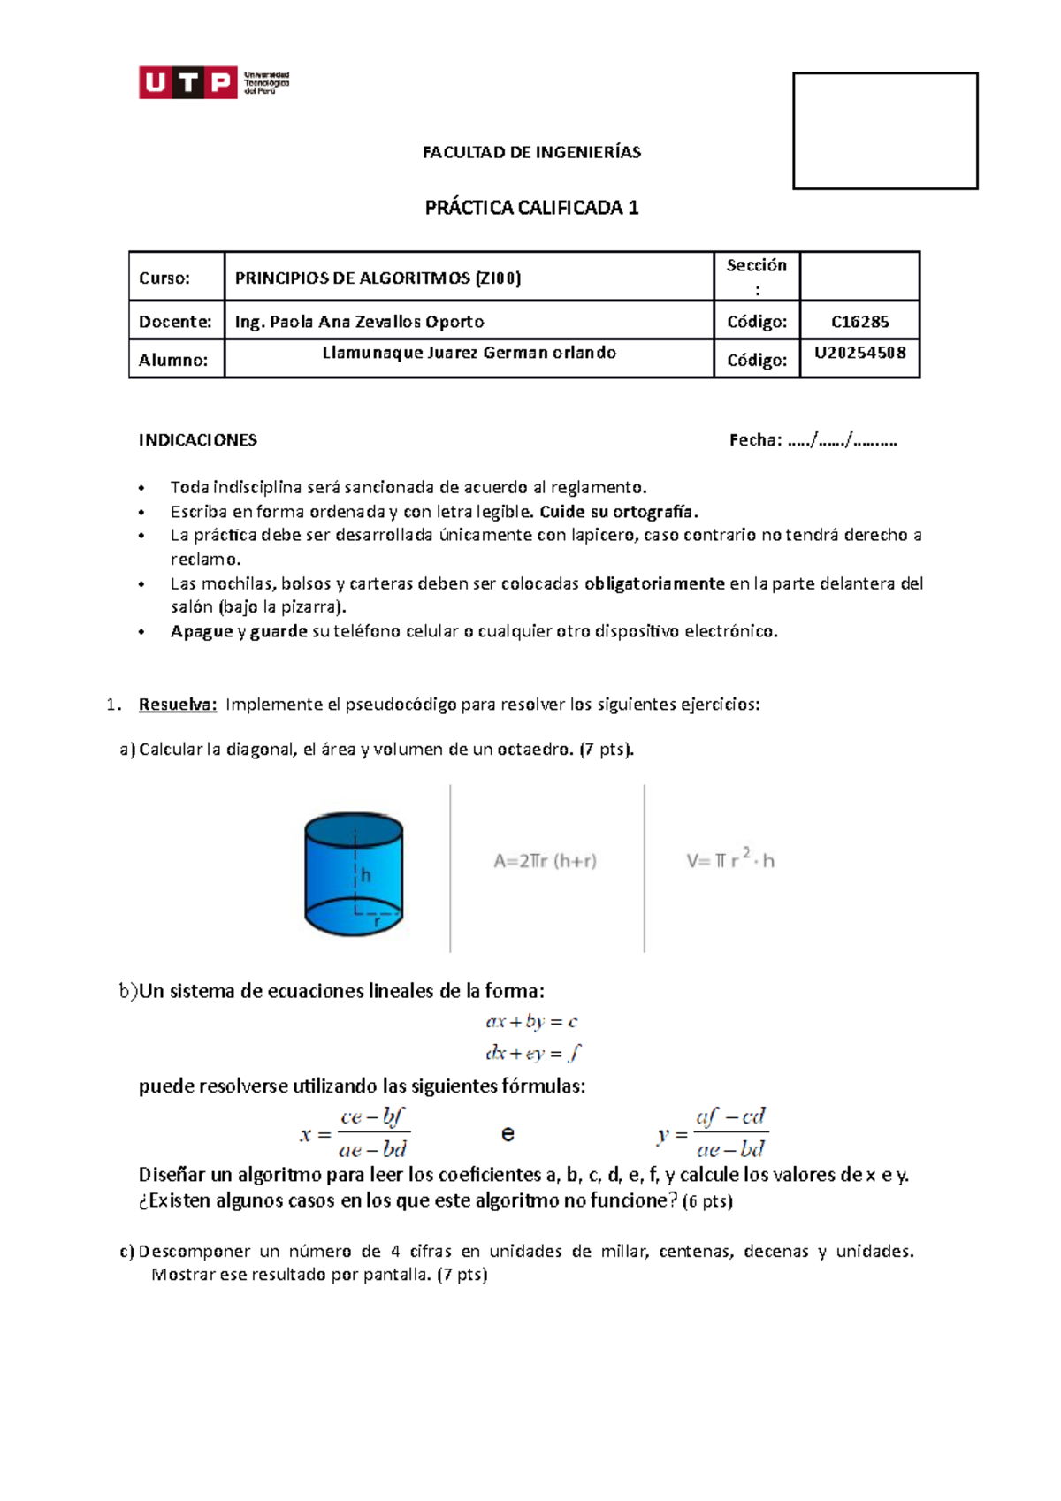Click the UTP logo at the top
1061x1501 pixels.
(x=213, y=82)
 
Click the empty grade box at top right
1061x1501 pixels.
(x=885, y=131)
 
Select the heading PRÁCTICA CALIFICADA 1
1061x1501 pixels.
(x=531, y=208)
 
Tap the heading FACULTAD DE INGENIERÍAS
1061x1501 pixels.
(x=531, y=152)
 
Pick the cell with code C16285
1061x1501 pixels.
(x=859, y=322)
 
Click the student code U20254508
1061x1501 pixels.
(x=859, y=354)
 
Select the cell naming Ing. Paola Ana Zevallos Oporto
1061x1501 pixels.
(x=359, y=322)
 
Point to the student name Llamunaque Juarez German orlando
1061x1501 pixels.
(x=469, y=353)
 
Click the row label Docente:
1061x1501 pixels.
(x=175, y=322)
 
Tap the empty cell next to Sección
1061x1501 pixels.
(x=859, y=277)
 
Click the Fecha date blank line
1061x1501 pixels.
(x=841, y=440)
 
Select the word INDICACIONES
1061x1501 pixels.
(x=197, y=440)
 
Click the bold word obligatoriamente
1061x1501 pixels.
(x=653, y=583)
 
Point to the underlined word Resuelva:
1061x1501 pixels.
(x=177, y=705)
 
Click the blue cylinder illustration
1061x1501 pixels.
(x=354, y=873)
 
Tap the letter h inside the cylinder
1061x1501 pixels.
(x=365, y=875)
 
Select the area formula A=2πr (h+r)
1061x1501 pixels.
(x=545, y=861)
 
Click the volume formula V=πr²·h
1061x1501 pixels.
(x=729, y=859)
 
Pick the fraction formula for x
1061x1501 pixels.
(x=355, y=1132)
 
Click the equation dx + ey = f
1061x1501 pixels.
(x=533, y=1053)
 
